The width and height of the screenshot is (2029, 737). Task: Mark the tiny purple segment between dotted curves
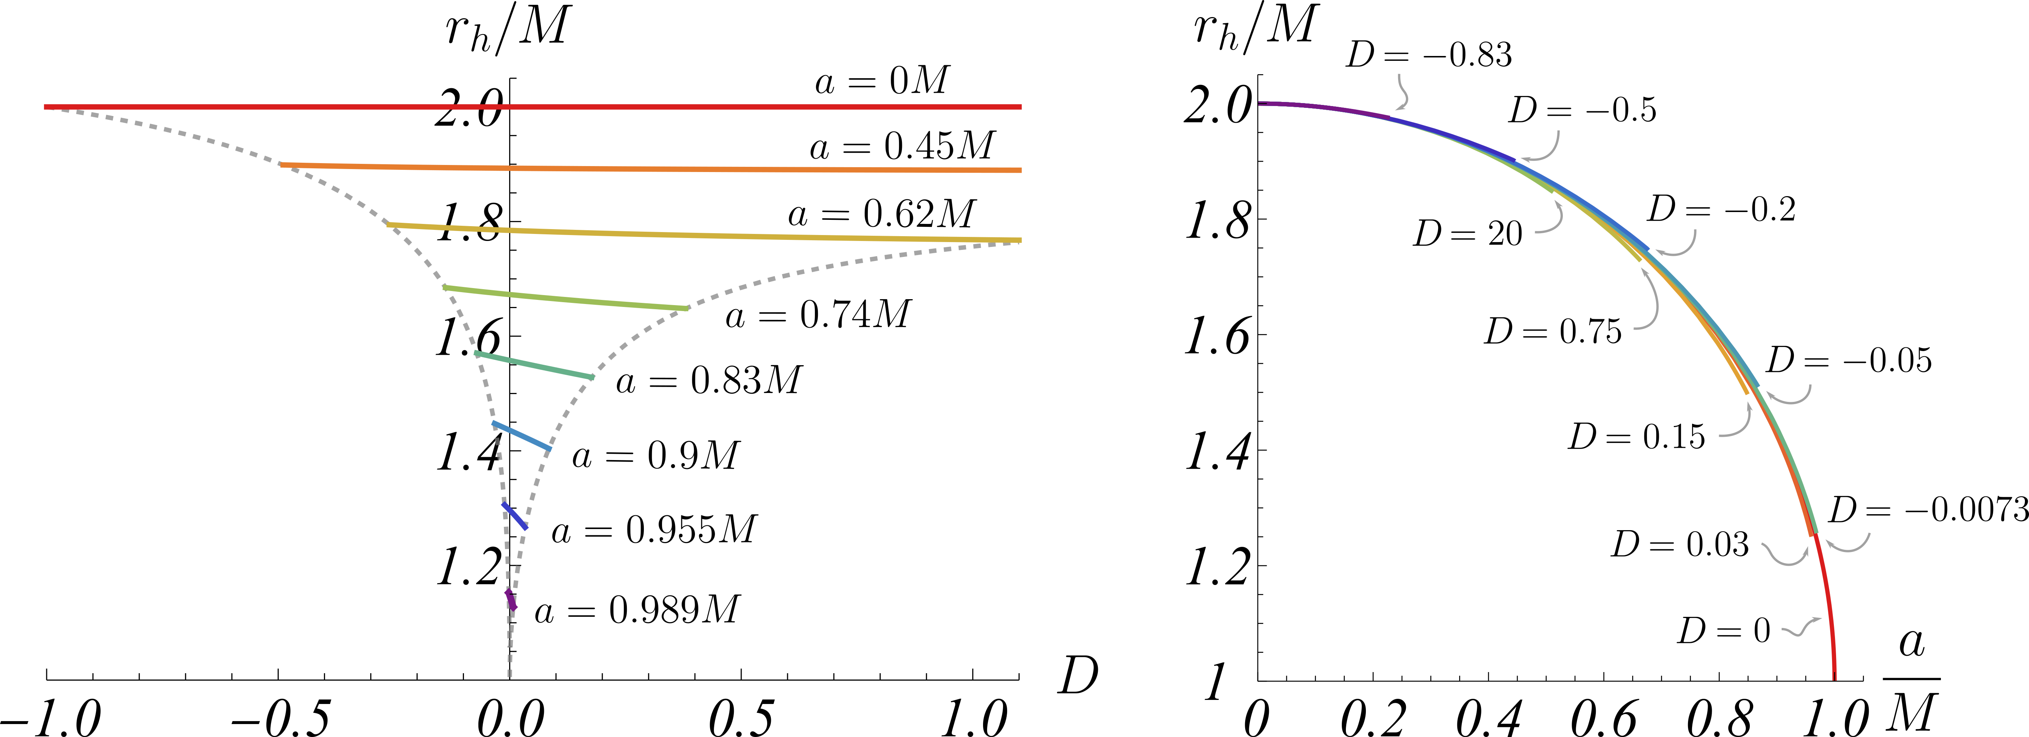(511, 599)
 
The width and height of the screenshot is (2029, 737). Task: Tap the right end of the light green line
(687, 308)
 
